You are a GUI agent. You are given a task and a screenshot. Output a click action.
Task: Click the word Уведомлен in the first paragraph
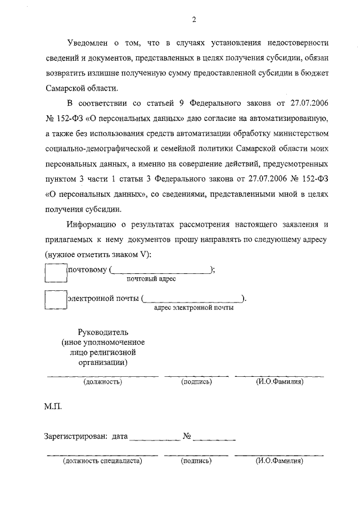pyautogui.click(x=87, y=43)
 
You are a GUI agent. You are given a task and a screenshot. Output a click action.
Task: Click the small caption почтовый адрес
pyautogui.click(x=151, y=279)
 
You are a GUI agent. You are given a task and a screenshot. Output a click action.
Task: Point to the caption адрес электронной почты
pyautogui.click(x=193, y=308)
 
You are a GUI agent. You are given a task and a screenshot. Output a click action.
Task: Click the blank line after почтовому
pyautogui.click(x=160, y=271)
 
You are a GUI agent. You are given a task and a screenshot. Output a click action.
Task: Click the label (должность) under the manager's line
pyautogui.click(x=102, y=382)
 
